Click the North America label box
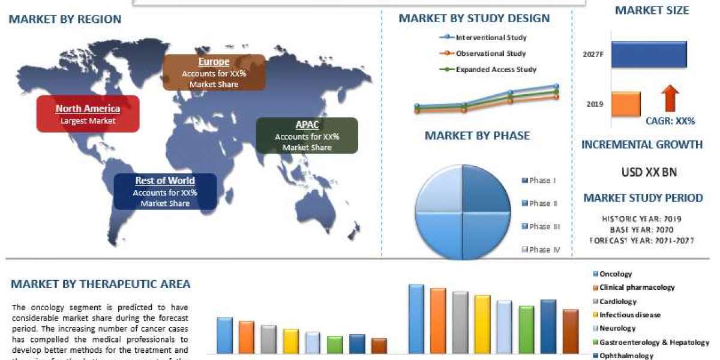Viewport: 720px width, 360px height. [x=88, y=114]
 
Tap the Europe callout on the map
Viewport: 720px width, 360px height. [x=214, y=72]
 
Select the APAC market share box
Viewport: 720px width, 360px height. [x=307, y=136]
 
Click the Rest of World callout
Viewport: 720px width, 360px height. [x=165, y=192]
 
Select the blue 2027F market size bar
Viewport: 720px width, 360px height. [x=649, y=53]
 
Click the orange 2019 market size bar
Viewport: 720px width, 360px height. [x=626, y=104]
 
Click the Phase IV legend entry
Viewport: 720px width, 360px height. [x=541, y=249]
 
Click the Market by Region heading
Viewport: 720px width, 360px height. [x=65, y=19]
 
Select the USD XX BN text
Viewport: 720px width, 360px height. [x=649, y=172]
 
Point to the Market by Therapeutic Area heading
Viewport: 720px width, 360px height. [x=101, y=284]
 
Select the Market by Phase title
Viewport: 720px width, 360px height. [x=477, y=136]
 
